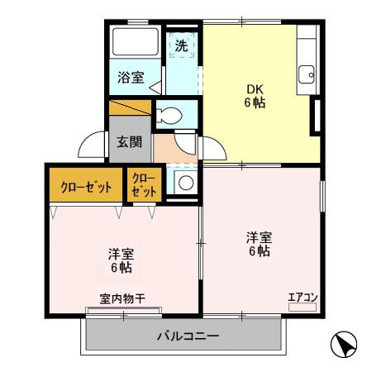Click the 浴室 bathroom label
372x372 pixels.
131,78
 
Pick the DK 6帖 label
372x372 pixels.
255,97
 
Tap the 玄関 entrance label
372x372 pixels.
129,141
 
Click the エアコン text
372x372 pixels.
303,297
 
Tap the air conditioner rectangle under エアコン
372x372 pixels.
303,307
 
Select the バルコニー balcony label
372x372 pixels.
188,336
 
